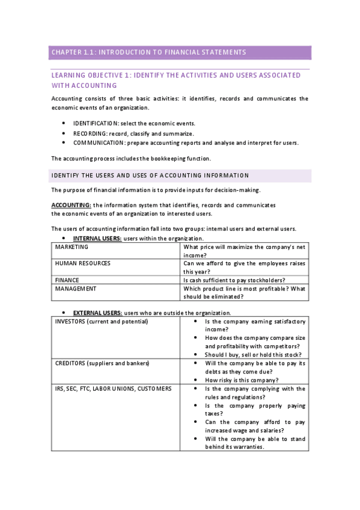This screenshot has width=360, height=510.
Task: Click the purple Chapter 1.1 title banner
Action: tap(180, 52)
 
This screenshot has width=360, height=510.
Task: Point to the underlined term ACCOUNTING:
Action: tap(72, 205)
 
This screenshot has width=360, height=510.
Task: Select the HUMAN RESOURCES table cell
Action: tap(82, 263)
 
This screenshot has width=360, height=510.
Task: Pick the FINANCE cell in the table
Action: tap(67, 280)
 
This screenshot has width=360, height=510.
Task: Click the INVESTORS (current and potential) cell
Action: tap(102, 322)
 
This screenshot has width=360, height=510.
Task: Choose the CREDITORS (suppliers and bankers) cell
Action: tap(102, 363)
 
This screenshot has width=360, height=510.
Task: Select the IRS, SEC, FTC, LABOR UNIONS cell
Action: tap(113, 389)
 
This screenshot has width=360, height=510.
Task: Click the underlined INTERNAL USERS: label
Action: tap(97, 239)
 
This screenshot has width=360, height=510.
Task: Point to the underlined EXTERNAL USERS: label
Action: tap(98, 313)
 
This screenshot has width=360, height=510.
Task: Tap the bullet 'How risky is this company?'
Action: tap(242, 380)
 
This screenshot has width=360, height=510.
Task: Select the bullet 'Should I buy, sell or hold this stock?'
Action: tap(252, 355)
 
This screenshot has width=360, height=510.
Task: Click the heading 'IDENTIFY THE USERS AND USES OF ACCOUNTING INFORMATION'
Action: tap(150, 176)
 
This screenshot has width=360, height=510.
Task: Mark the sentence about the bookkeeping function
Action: tap(131, 159)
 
